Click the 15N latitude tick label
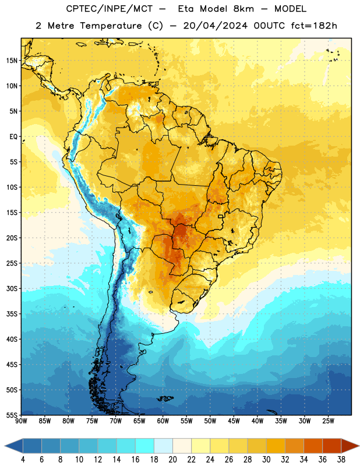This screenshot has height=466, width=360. [12, 61]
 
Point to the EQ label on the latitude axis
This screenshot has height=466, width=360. [13, 137]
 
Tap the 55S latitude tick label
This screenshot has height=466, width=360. [12, 415]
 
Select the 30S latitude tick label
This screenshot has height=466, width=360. [12, 288]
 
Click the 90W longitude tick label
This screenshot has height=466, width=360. [21, 421]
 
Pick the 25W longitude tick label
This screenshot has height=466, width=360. [328, 421]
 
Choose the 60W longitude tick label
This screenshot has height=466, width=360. [163, 421]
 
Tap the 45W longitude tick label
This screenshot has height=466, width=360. [234, 421]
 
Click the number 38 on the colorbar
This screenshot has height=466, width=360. [341, 460]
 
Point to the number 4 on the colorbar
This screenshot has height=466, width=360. [23, 460]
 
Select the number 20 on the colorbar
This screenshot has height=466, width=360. [172, 460]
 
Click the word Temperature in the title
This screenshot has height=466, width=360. [111, 26]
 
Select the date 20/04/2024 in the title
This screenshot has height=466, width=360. [215, 26]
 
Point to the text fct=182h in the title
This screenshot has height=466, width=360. [314, 26]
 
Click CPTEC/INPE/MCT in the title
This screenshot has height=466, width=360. [109, 9]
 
